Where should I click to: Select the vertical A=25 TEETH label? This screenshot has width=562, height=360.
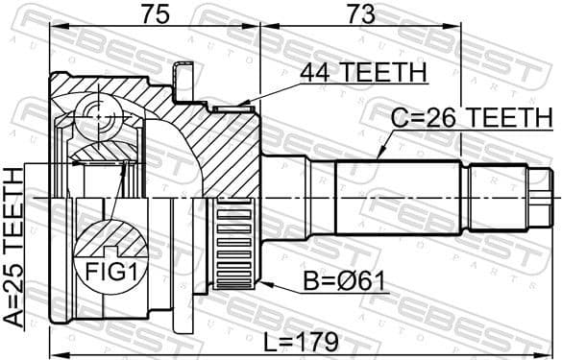click(13, 248)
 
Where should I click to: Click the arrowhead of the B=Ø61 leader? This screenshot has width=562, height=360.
click(261, 285)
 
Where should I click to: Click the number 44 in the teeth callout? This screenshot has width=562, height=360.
click(314, 71)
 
